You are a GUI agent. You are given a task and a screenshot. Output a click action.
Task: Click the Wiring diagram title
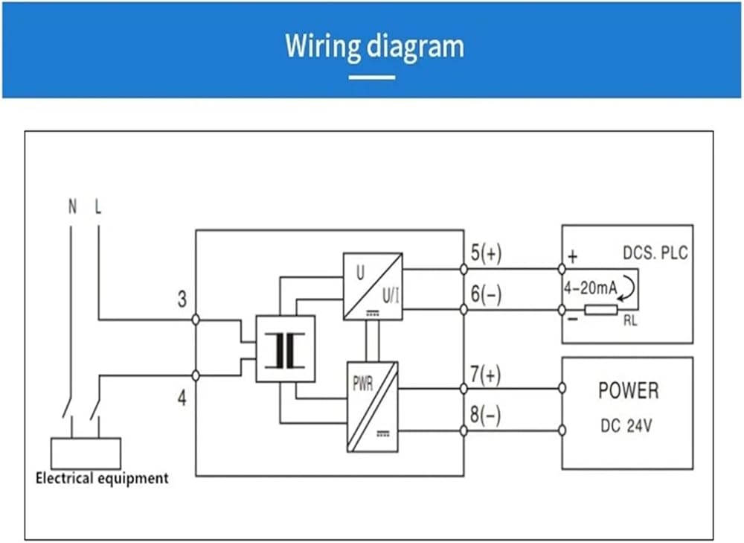tap(374, 47)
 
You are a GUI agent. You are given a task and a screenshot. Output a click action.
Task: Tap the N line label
tap(72, 206)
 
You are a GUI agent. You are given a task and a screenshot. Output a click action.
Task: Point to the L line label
tap(98, 206)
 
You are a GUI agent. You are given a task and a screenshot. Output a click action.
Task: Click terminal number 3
tap(182, 299)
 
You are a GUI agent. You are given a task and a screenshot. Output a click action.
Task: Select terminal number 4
tap(182, 398)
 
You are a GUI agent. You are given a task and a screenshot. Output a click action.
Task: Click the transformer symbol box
tap(285, 349)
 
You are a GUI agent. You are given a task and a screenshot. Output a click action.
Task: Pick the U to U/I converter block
tap(373, 287)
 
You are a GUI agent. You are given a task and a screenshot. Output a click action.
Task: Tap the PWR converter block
tap(373, 407)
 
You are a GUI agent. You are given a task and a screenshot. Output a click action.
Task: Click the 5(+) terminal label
tap(486, 253)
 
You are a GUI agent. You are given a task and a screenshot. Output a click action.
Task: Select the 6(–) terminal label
tap(486, 294)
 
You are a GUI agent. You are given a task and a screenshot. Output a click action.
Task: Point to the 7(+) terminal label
tap(485, 375)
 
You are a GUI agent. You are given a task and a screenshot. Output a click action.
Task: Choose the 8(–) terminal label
tap(485, 415)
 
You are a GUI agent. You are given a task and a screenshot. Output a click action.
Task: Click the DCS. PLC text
tap(655, 253)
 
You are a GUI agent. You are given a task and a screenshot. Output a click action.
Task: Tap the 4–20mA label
tap(590, 288)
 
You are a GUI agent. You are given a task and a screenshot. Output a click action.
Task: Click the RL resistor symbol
tap(601, 310)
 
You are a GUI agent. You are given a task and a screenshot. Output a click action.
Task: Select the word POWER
tap(628, 390)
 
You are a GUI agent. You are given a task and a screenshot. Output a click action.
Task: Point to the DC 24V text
tap(626, 425)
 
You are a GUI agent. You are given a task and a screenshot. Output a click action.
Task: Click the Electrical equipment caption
tap(102, 478)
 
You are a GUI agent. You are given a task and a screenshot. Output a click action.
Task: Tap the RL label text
tap(630, 321)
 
